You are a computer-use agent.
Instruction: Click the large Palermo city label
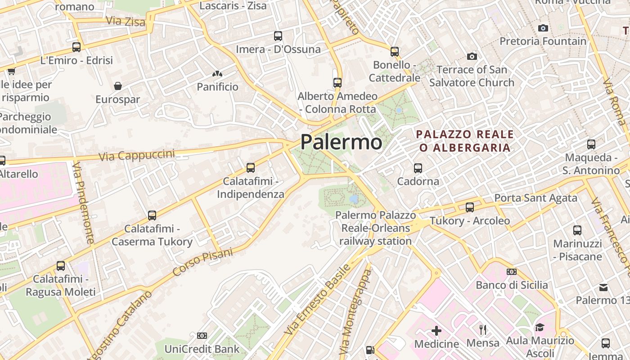(x=341, y=142)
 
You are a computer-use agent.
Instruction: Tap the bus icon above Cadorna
(x=418, y=168)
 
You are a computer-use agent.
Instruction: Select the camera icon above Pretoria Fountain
(x=543, y=28)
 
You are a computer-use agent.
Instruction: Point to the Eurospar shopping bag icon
(x=118, y=86)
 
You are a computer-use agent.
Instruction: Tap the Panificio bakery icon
(x=217, y=73)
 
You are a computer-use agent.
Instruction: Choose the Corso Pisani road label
(x=203, y=262)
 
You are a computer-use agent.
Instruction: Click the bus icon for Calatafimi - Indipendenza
(x=251, y=168)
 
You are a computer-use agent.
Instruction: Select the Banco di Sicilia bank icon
(x=512, y=272)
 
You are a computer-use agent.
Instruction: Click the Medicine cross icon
(x=436, y=331)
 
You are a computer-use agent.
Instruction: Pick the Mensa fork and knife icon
(x=483, y=330)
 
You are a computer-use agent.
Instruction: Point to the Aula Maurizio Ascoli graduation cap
(x=540, y=327)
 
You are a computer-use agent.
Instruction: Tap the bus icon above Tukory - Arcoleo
(x=470, y=207)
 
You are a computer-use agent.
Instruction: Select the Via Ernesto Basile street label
(x=317, y=299)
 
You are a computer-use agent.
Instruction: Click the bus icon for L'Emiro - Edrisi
(x=76, y=47)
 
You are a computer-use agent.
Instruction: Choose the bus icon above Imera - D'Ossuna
(x=278, y=36)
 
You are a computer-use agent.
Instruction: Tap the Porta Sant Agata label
(x=535, y=198)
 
